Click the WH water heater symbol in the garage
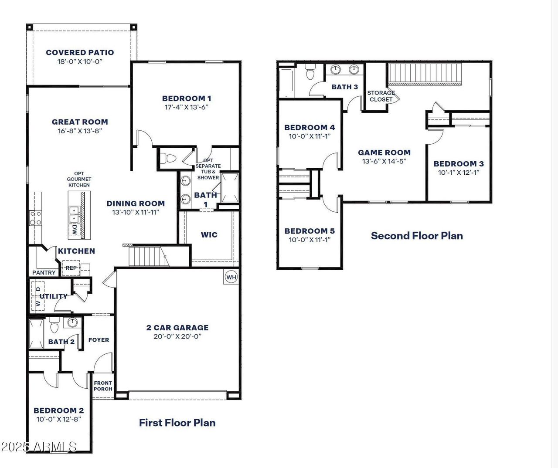pyautogui.click(x=231, y=277)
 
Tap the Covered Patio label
pyautogui.click(x=80, y=52)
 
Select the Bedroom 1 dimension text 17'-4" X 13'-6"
pyautogui.click(x=186, y=107)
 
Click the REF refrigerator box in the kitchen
pyautogui.click(x=71, y=268)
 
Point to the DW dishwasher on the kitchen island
pyautogui.click(x=75, y=230)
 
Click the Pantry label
pyautogui.click(x=44, y=273)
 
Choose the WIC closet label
pyautogui.click(x=209, y=235)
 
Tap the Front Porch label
pyautogui.click(x=103, y=386)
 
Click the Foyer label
pyautogui.click(x=99, y=340)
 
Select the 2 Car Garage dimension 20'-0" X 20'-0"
pyautogui.click(x=177, y=336)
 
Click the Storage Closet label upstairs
pyautogui.click(x=381, y=96)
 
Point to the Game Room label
pyautogui.click(x=384, y=153)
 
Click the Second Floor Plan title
pyautogui.click(x=417, y=236)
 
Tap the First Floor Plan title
pyautogui.click(x=177, y=423)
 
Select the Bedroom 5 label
pyautogui.click(x=310, y=231)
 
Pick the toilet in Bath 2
pyautogui.click(x=54, y=326)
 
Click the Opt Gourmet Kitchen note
pyautogui.click(x=79, y=179)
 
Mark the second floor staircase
pyautogui.click(x=425, y=73)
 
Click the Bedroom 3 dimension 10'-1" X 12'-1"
pyautogui.click(x=459, y=173)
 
